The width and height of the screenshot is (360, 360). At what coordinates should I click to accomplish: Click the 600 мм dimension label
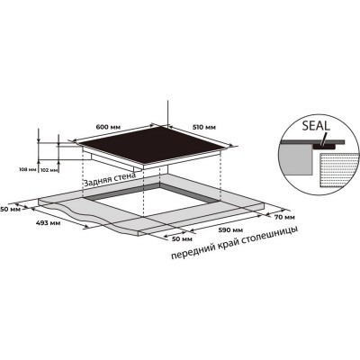click(x=108, y=127)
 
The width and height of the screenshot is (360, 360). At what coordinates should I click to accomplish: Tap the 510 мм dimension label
click(x=203, y=127)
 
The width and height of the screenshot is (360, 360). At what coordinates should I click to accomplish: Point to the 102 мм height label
click(x=49, y=170)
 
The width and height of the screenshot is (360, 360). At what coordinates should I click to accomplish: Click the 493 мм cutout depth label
click(x=48, y=223)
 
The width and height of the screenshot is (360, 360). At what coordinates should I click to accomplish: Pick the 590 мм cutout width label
click(x=230, y=230)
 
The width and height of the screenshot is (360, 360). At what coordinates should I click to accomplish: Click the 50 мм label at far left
click(x=10, y=209)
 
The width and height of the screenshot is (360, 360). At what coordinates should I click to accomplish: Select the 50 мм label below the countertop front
click(x=182, y=239)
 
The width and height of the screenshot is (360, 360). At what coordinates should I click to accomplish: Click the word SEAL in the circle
click(x=316, y=125)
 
